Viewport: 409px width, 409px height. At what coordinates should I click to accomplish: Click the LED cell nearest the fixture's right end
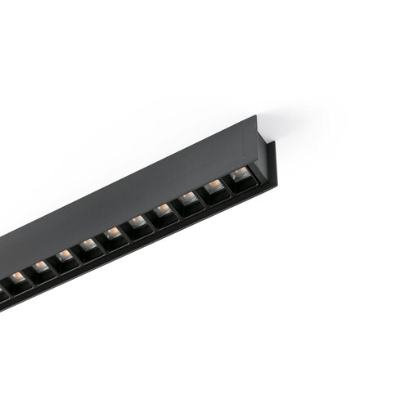pos(240,178)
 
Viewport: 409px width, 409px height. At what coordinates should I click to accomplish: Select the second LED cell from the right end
pos(214,191)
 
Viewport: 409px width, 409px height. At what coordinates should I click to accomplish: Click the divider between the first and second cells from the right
pos(227,186)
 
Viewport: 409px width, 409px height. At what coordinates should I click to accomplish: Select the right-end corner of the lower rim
pos(260,190)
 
